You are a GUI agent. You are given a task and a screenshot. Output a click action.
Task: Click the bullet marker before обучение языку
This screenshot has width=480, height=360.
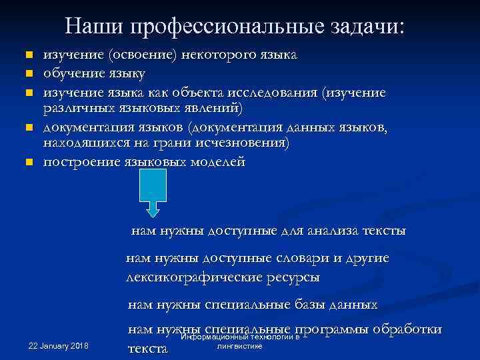[x=29, y=71]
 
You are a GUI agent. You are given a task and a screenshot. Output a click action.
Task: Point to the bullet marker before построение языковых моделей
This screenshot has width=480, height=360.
[x=29, y=163]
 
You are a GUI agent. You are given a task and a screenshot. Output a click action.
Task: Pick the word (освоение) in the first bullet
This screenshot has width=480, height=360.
[x=145, y=55]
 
